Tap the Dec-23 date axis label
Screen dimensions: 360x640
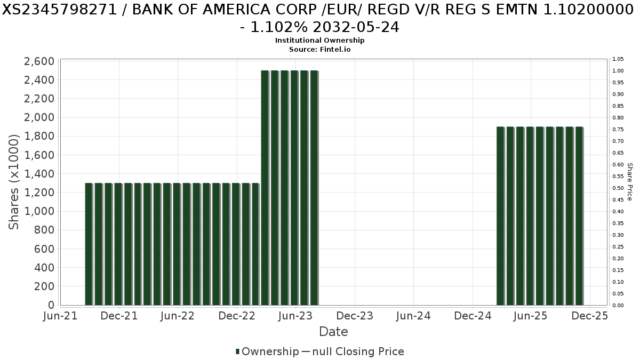[355, 316]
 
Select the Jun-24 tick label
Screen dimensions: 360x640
[414, 316]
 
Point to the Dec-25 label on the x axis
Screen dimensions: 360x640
[589, 316]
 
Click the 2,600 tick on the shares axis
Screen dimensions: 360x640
[39, 61]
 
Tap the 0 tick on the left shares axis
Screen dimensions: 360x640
[51, 305]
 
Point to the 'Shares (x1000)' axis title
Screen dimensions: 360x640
[14, 181]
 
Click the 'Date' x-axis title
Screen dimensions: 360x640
[333, 332]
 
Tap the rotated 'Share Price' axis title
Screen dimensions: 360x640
[629, 182]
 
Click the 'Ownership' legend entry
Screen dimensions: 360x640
[267, 351]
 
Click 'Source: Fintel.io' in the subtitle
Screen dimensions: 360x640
[319, 49]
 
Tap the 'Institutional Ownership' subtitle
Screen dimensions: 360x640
[319, 41]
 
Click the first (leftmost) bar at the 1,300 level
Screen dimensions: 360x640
[89, 244]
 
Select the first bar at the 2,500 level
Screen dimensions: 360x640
[265, 188]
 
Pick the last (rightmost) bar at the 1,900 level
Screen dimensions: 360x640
[579, 216]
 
